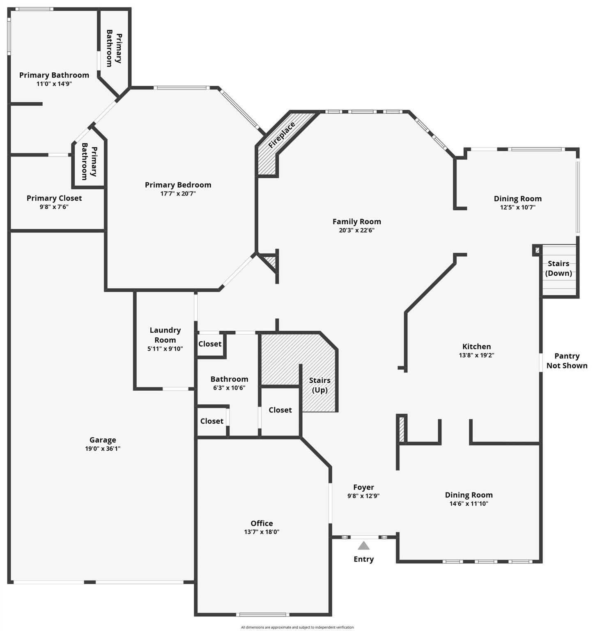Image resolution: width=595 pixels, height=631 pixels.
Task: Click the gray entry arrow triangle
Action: point(363,546)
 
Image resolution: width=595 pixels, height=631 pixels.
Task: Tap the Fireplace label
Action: point(282,135)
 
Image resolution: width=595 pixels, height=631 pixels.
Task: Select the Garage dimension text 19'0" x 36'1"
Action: point(103,449)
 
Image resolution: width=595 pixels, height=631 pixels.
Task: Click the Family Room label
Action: point(356,221)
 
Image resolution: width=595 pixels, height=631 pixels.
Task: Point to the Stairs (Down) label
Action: point(558,268)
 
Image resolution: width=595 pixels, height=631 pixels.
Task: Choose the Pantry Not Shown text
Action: point(567,361)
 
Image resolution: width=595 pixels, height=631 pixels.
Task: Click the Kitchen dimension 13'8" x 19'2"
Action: point(476,355)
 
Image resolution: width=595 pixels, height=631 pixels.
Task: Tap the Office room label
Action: point(262,523)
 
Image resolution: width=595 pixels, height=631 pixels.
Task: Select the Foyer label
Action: point(363,487)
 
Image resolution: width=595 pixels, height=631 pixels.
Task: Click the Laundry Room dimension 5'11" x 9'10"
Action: point(165,349)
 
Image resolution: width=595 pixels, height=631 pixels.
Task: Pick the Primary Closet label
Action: point(54,198)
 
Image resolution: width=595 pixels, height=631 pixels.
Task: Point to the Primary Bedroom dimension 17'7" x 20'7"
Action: point(178,193)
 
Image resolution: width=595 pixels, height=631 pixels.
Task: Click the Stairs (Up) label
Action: point(319,385)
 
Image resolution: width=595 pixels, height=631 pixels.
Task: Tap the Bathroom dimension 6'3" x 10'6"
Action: point(229,388)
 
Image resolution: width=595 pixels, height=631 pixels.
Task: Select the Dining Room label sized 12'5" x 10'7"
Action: point(517,199)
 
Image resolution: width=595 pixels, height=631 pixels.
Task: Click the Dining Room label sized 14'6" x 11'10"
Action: point(469,495)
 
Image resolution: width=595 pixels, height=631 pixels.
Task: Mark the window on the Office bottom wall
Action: point(262,615)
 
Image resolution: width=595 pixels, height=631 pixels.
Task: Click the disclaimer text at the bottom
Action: point(297,627)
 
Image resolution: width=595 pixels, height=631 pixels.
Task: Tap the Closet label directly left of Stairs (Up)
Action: point(280,410)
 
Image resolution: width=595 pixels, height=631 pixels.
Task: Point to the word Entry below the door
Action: point(363,559)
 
